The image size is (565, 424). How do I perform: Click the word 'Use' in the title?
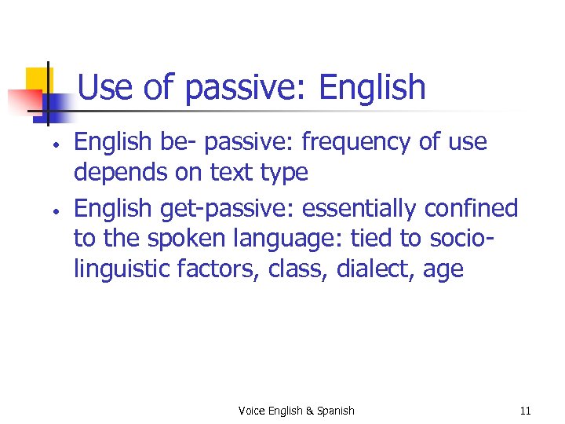[x=105, y=87]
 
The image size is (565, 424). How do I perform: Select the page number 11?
[x=525, y=411]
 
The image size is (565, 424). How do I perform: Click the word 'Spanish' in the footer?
[x=335, y=411]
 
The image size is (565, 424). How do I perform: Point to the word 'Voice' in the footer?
[x=252, y=411]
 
